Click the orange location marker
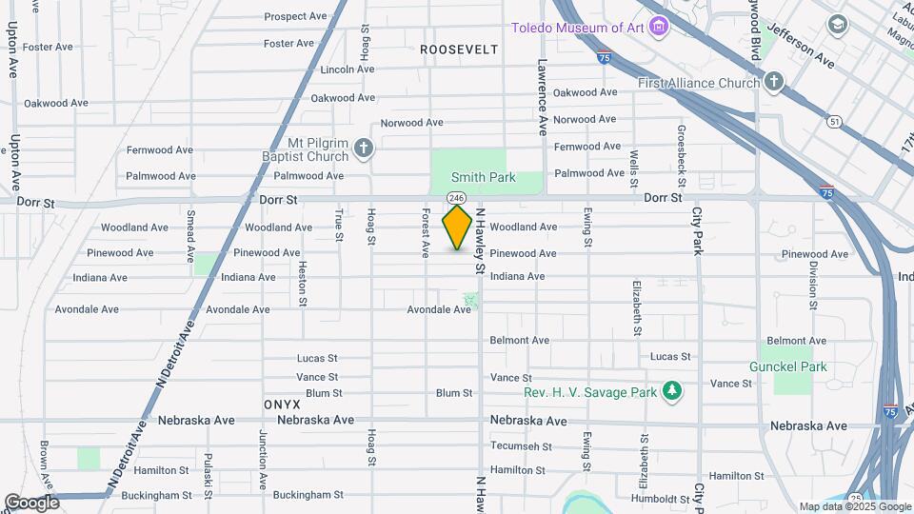click(457, 227)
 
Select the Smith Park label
click(483, 177)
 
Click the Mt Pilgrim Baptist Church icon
click(363, 148)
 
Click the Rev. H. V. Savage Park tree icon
click(672, 391)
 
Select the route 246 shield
click(456, 197)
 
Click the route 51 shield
click(834, 121)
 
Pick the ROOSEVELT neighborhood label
click(459, 49)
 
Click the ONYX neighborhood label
click(283, 405)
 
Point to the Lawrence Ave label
click(542, 98)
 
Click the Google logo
click(31, 502)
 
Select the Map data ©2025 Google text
click(854, 506)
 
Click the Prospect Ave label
click(295, 16)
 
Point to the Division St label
click(814, 284)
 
